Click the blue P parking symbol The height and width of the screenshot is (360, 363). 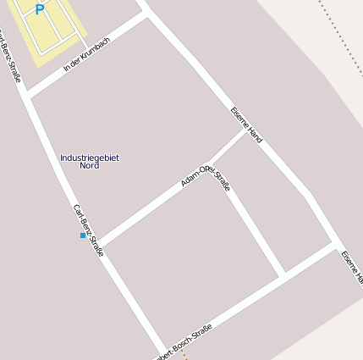(x=39, y=9)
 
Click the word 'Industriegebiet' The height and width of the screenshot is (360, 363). (x=90, y=158)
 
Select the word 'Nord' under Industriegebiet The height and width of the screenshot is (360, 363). (x=90, y=166)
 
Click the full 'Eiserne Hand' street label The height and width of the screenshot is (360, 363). (x=246, y=124)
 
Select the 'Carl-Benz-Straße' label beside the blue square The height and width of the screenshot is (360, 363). (x=88, y=230)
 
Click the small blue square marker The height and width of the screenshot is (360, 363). (x=83, y=235)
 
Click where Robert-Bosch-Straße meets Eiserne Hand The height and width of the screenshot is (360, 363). (x=333, y=246)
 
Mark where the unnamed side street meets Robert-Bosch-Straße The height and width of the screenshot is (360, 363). (x=282, y=275)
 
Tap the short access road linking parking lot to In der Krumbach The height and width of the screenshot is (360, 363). (x=85, y=42)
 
